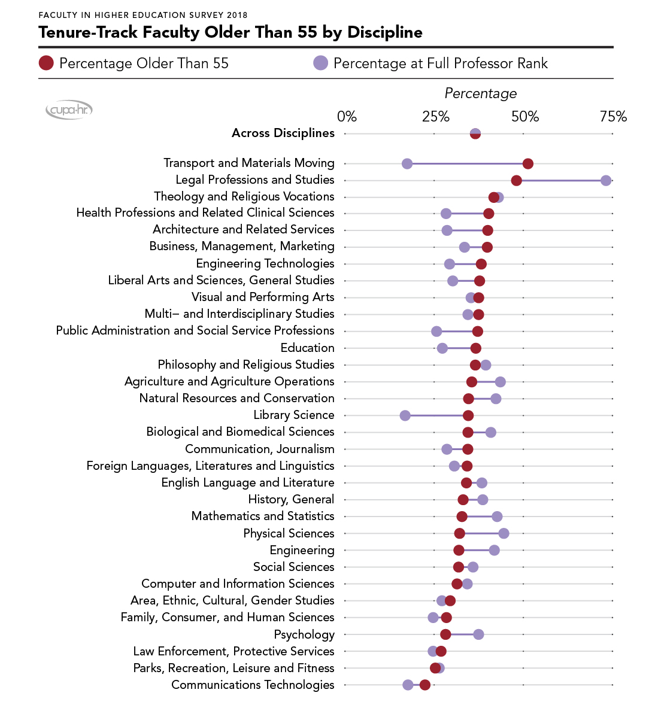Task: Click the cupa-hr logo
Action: pyautogui.click(x=69, y=110)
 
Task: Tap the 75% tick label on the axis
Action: pyautogui.click(x=613, y=117)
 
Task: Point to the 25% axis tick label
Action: pyautogui.click(x=435, y=117)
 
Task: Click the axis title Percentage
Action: pyautogui.click(x=480, y=94)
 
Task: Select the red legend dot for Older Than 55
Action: pyautogui.click(x=47, y=63)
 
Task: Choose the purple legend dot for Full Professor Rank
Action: pyautogui.click(x=321, y=63)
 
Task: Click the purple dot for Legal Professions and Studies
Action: pyautogui.click(x=606, y=181)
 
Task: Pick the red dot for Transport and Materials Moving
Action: pyautogui.click(x=527, y=164)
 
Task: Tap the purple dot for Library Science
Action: pyautogui.click(x=405, y=415)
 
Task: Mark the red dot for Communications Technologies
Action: pyautogui.click(x=424, y=685)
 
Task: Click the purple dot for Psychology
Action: pyautogui.click(x=478, y=634)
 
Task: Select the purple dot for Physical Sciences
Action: pyautogui.click(x=504, y=533)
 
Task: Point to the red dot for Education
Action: pyautogui.click(x=475, y=348)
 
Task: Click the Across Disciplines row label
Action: pyautogui.click(x=283, y=133)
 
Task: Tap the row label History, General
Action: pyautogui.click(x=291, y=499)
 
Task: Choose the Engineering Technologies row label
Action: pyautogui.click(x=265, y=263)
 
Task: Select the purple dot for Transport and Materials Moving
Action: pyautogui.click(x=407, y=164)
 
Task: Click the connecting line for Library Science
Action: pyautogui.click(x=436, y=415)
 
